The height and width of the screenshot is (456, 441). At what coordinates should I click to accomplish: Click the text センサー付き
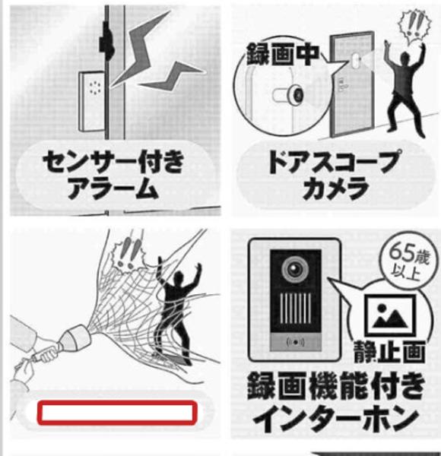tap(113, 161)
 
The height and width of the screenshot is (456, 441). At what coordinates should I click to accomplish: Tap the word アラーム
tap(113, 188)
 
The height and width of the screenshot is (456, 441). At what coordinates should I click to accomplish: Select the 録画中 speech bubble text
tap(282, 54)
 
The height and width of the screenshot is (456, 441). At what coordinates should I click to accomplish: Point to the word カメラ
tap(335, 188)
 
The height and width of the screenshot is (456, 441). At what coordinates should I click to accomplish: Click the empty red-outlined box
tap(117, 413)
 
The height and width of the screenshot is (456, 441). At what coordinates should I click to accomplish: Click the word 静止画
tap(389, 352)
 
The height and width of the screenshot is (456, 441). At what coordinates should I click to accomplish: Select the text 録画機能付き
tap(335, 387)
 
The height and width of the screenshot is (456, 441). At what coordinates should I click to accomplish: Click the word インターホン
tap(336, 419)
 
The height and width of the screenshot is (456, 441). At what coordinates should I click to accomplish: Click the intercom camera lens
tap(295, 269)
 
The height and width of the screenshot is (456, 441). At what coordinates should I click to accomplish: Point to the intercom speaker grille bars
tap(296, 309)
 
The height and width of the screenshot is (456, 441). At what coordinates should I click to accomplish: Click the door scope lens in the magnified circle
tap(296, 94)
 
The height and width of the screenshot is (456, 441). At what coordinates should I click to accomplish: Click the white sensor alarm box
tap(92, 102)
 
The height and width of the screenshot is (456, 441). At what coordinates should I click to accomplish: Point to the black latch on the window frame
tap(106, 41)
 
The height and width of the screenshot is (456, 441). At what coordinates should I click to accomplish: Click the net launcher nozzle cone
tap(77, 337)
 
